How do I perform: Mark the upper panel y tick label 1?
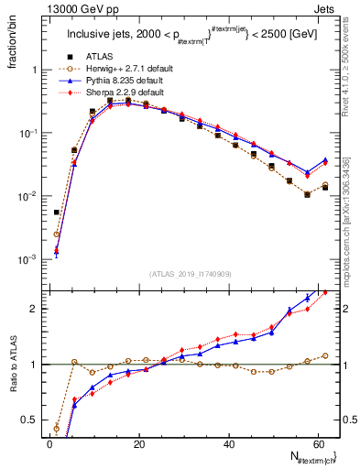pos(37,70)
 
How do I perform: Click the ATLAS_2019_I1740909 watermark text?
pos(189,274)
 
